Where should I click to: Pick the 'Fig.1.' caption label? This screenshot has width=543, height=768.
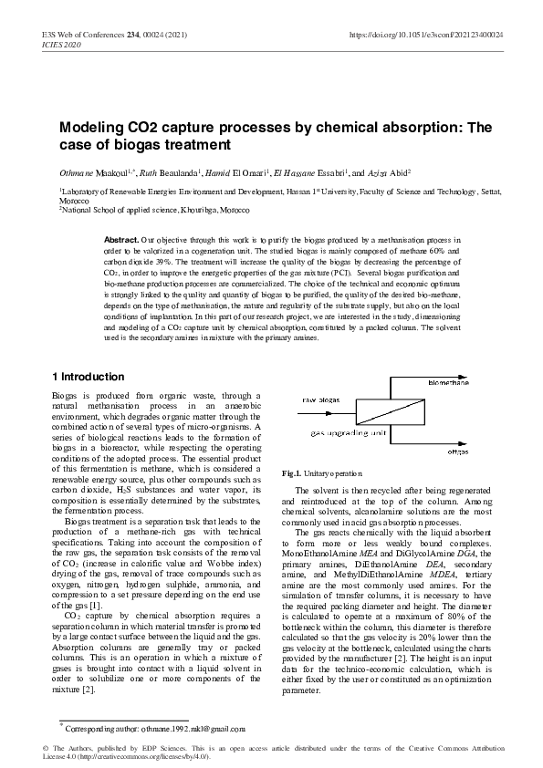click(x=291, y=473)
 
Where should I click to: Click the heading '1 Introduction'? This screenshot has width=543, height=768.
click(x=87, y=377)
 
